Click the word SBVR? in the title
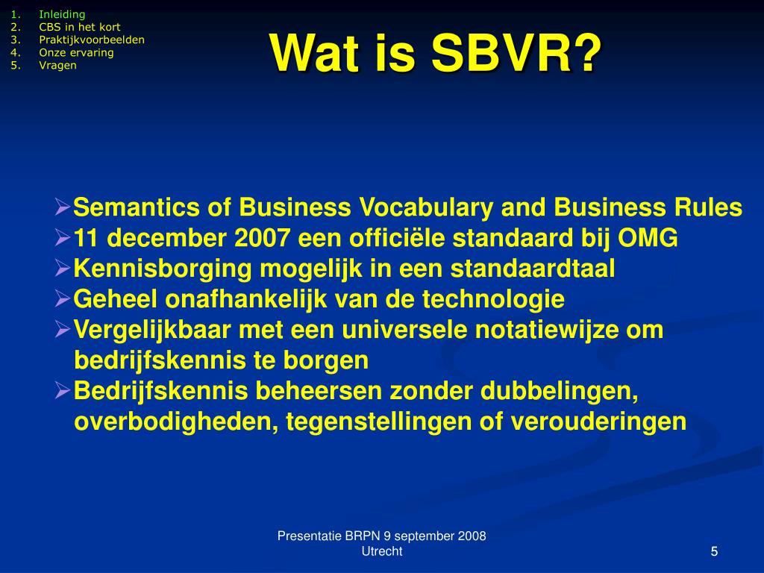click(x=516, y=54)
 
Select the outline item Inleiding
click(x=62, y=14)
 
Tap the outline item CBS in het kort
click(x=80, y=27)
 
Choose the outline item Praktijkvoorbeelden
click(x=92, y=40)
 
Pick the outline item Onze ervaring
click(x=76, y=52)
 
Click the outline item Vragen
click(x=57, y=65)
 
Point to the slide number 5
click(x=714, y=551)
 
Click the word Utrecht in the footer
click(x=381, y=551)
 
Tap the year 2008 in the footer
click(x=472, y=536)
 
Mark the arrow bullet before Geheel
click(x=63, y=299)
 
